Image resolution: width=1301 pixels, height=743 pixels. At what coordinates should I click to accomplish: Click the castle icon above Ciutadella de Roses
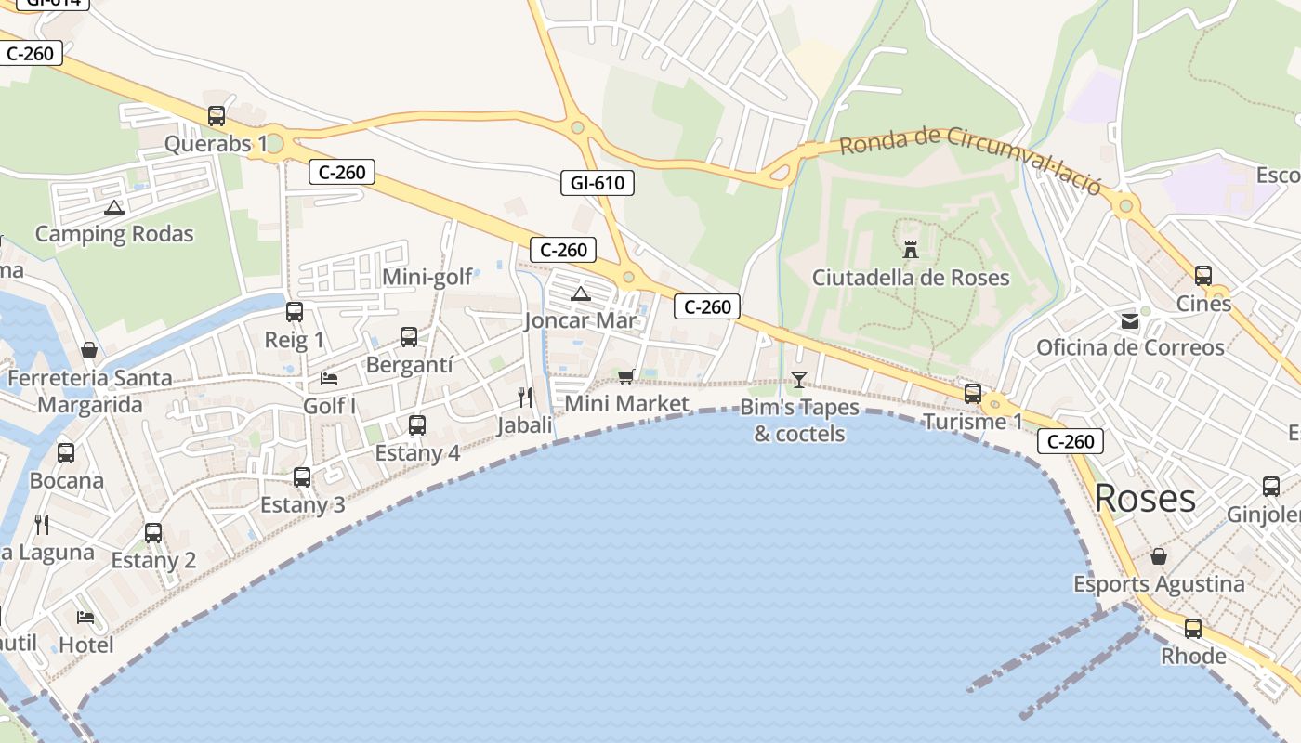911,249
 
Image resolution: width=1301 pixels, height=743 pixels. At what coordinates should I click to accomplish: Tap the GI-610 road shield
598,183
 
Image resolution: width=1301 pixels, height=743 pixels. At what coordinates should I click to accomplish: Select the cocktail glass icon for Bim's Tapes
798,379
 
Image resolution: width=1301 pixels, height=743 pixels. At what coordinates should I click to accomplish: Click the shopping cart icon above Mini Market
625,376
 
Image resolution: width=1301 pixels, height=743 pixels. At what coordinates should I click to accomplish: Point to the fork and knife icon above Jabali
525,398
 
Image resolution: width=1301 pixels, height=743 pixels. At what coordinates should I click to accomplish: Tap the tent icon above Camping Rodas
113,207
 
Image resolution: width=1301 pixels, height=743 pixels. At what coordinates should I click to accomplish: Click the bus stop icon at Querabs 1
217,116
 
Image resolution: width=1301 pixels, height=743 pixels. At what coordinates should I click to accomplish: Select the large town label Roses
1145,498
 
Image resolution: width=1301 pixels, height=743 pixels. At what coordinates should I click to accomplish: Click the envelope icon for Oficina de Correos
1130,321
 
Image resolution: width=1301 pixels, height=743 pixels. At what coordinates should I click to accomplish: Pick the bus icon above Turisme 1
973,394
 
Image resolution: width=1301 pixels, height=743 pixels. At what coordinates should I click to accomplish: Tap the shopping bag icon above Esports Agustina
1159,556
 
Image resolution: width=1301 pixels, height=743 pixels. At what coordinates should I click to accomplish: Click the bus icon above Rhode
1193,629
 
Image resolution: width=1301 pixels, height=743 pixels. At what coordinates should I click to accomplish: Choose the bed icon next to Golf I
329,378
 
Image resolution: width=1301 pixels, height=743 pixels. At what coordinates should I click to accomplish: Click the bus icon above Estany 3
302,477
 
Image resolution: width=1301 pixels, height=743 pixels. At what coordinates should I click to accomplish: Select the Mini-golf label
427,277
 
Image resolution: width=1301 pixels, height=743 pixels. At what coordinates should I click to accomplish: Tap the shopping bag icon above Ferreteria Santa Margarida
89,350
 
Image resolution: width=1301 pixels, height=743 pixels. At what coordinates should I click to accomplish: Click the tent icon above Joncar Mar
581,294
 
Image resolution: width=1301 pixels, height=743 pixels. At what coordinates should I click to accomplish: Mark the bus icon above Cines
1203,276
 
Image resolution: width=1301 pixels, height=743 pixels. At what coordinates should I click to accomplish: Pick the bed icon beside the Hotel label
85,617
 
